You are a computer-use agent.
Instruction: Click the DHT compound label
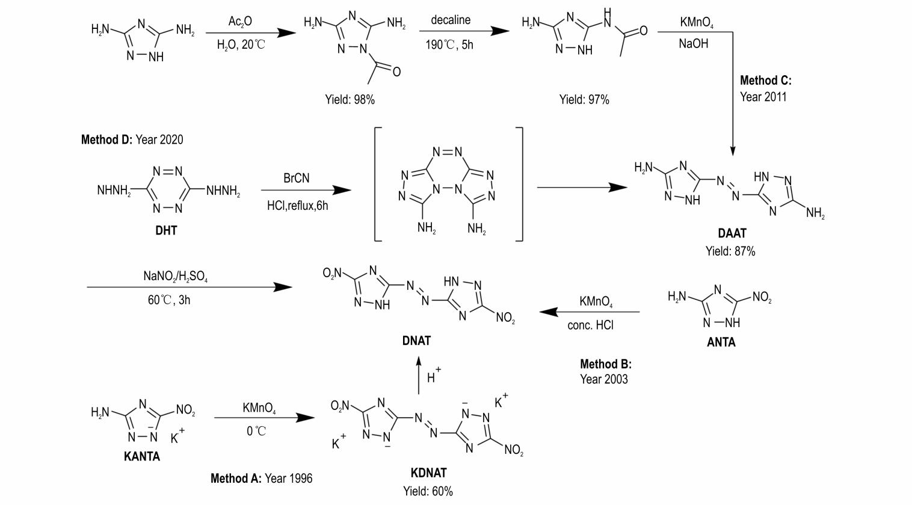coord(166,230)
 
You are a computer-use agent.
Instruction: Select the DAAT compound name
coord(732,233)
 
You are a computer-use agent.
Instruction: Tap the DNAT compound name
coord(416,341)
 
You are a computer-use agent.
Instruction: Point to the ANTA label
coord(721,342)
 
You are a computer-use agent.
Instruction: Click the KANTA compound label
coord(142,456)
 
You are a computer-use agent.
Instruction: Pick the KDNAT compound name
coord(428,473)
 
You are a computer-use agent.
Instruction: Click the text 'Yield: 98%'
coord(350,100)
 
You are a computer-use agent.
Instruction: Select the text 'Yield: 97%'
coord(584,100)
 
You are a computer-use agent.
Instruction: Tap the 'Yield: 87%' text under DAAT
coord(730,251)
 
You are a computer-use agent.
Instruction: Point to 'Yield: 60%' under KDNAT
coord(428,491)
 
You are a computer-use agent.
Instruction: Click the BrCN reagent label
coord(297,179)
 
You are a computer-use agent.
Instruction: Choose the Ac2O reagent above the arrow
coord(240,22)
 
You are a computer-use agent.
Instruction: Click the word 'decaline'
coord(451,20)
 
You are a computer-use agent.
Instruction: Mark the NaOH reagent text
coord(693,43)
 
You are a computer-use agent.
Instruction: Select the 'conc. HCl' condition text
coord(590,325)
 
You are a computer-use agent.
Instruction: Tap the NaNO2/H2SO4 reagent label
coord(176,276)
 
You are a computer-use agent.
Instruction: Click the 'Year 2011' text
coord(763,97)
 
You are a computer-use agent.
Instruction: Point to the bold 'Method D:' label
coord(106,139)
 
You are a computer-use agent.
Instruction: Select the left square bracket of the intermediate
coord(377,184)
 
